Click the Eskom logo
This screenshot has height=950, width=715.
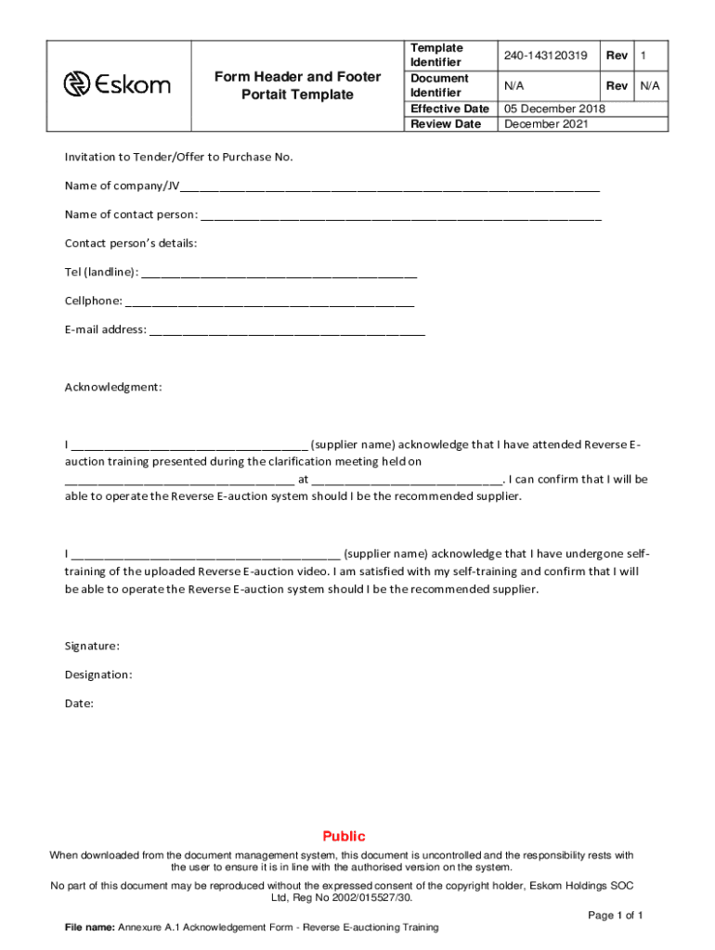coord(117,85)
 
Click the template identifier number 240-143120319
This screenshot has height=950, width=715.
coord(545,57)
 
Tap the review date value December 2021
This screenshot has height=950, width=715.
coord(545,124)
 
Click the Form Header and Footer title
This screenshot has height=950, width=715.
coord(297,85)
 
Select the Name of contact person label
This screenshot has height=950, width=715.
coord(131,215)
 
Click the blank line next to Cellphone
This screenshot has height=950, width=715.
coord(269,302)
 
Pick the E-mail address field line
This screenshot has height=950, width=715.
coord(287,331)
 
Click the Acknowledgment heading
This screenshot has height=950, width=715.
coord(113,387)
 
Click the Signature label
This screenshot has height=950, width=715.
coord(92,646)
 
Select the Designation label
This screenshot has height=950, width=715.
coord(98,674)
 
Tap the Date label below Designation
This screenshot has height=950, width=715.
coord(79,703)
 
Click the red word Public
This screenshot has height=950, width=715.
coord(344,836)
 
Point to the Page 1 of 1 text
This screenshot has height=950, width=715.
coord(616,915)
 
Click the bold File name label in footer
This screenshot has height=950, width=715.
coord(90,928)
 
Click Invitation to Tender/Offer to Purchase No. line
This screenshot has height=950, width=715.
coord(178,157)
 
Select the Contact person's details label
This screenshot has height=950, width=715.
coord(131,244)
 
